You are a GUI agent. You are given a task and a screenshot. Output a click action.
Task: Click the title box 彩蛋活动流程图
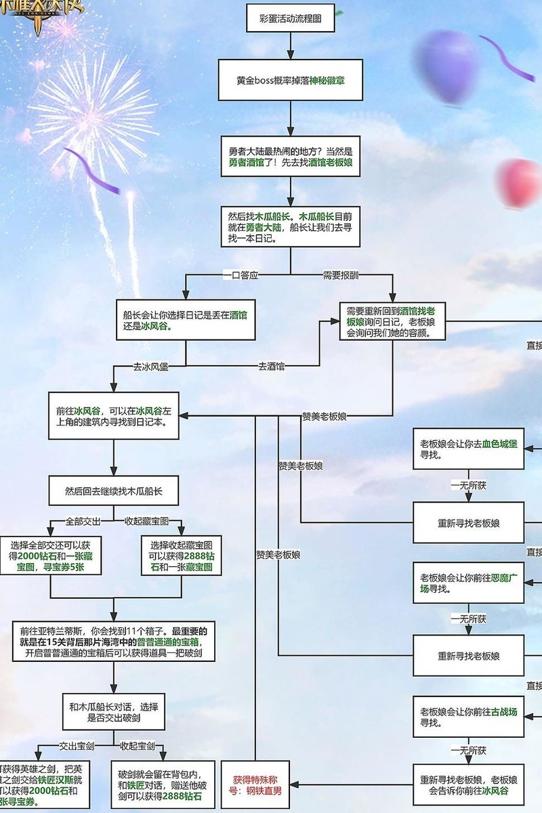click(x=291, y=20)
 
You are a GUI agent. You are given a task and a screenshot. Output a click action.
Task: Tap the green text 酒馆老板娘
click(x=331, y=163)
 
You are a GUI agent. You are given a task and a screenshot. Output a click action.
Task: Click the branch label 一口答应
click(x=241, y=274)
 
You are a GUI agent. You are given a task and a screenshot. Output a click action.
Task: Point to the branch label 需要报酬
click(x=341, y=274)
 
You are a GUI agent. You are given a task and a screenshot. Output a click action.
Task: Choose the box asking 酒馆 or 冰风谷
click(x=185, y=320)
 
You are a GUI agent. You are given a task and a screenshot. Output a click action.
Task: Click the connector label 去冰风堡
click(x=150, y=367)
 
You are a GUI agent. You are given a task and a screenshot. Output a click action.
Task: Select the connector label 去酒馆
click(x=271, y=367)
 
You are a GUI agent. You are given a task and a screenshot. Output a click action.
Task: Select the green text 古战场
click(x=504, y=712)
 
